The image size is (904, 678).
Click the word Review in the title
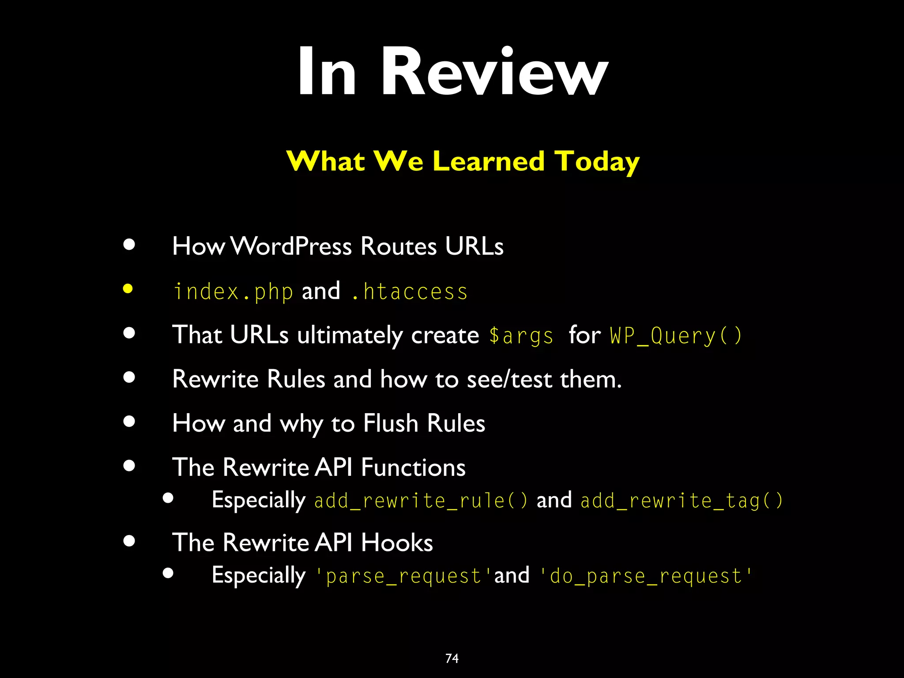point(494,72)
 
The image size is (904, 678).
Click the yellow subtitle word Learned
point(489,161)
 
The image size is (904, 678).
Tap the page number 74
point(452,659)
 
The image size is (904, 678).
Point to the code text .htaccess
point(409,292)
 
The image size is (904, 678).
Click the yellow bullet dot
point(128,289)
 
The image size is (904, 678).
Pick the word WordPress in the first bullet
point(291,246)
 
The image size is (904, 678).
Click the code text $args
point(521,336)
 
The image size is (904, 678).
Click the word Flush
point(391,423)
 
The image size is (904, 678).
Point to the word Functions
point(413,467)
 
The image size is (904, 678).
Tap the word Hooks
point(397,542)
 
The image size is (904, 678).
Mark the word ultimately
point(350,336)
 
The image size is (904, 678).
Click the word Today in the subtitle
point(597,161)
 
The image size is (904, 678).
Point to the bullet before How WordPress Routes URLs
point(129,245)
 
